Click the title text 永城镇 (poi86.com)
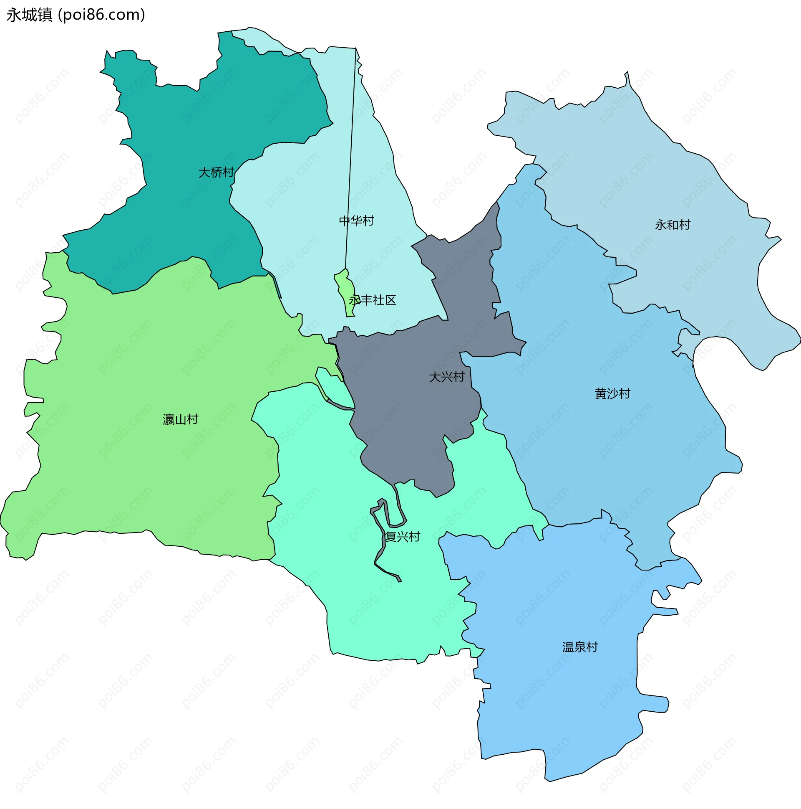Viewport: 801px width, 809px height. pos(76,15)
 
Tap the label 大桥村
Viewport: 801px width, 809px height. pos(216,172)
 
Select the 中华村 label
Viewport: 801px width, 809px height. pos(356,221)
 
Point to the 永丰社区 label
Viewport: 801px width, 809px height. pos(372,300)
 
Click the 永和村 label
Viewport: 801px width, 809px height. pos(673,225)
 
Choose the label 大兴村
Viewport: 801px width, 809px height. pos(447,377)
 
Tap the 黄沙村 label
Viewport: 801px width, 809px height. pos(612,393)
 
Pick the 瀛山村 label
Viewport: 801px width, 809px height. pos(180,419)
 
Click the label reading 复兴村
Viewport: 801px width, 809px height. pos(403,537)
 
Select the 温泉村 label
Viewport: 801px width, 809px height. pos(580,647)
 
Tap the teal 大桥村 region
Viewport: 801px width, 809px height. pos(188,126)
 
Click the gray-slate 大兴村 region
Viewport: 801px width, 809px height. pos(402,419)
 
